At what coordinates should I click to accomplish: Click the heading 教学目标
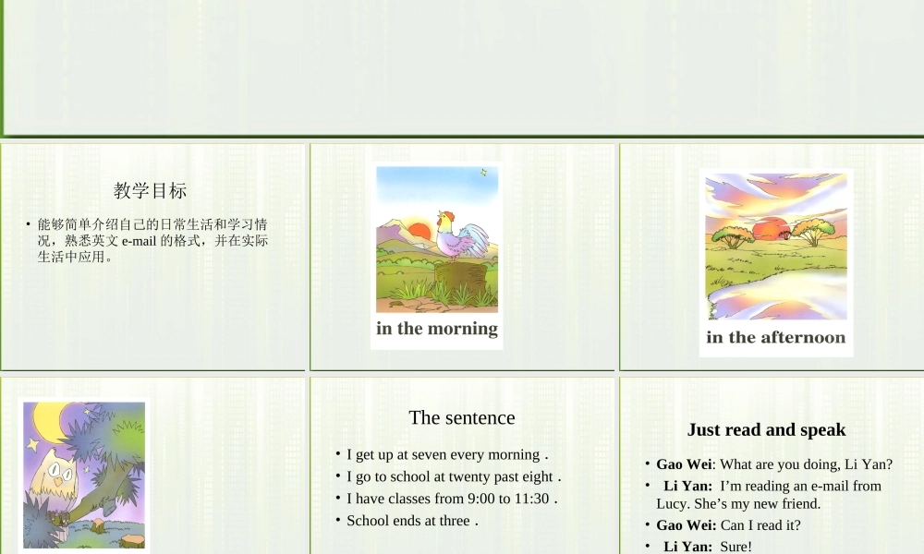[x=151, y=191]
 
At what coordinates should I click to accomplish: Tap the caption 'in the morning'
[x=437, y=329]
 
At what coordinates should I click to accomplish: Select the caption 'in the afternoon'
[x=776, y=338]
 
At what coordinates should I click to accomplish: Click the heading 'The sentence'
[x=462, y=417]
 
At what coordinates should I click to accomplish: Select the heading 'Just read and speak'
[x=766, y=429]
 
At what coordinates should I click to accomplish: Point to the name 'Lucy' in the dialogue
[x=672, y=504]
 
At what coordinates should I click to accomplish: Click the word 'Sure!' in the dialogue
[x=736, y=547]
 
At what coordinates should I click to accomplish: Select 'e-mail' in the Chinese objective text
[x=139, y=241]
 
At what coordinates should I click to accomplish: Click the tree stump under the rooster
[x=458, y=274]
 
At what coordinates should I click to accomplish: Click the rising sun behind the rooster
[x=419, y=233]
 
